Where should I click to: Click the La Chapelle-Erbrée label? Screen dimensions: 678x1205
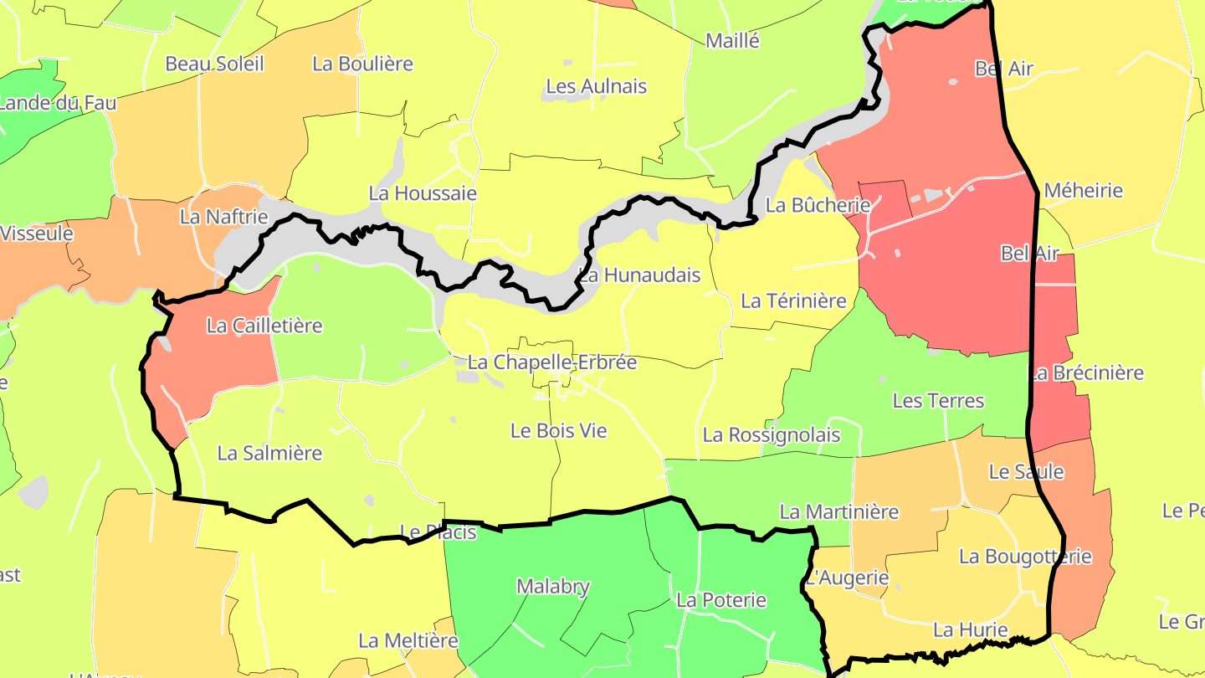click(x=552, y=362)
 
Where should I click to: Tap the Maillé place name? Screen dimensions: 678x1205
click(x=732, y=40)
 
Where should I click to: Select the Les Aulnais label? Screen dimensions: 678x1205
click(x=596, y=86)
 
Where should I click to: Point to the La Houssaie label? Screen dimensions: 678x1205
click(x=423, y=193)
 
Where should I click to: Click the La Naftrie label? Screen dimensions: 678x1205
click(x=223, y=217)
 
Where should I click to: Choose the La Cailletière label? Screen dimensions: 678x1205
click(x=264, y=326)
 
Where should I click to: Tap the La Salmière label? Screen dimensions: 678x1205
click(x=269, y=453)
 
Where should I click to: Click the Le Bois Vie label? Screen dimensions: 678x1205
click(x=558, y=431)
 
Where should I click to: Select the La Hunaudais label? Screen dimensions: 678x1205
click(x=641, y=275)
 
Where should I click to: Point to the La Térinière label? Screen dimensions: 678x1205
click(x=793, y=300)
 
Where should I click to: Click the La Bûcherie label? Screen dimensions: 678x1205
click(x=818, y=205)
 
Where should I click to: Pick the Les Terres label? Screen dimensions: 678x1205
click(x=938, y=401)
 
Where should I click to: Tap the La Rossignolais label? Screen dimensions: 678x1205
click(x=771, y=434)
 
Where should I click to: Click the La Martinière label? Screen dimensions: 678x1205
click(x=838, y=511)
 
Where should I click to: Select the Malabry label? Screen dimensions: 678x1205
click(x=553, y=587)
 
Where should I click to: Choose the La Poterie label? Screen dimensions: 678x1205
click(x=720, y=600)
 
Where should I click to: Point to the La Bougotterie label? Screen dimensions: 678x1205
click(x=1025, y=557)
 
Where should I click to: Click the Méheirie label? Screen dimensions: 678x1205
click(x=1083, y=191)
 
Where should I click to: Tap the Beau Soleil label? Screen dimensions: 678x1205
click(x=214, y=64)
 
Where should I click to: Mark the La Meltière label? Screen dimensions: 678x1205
click(x=408, y=641)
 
